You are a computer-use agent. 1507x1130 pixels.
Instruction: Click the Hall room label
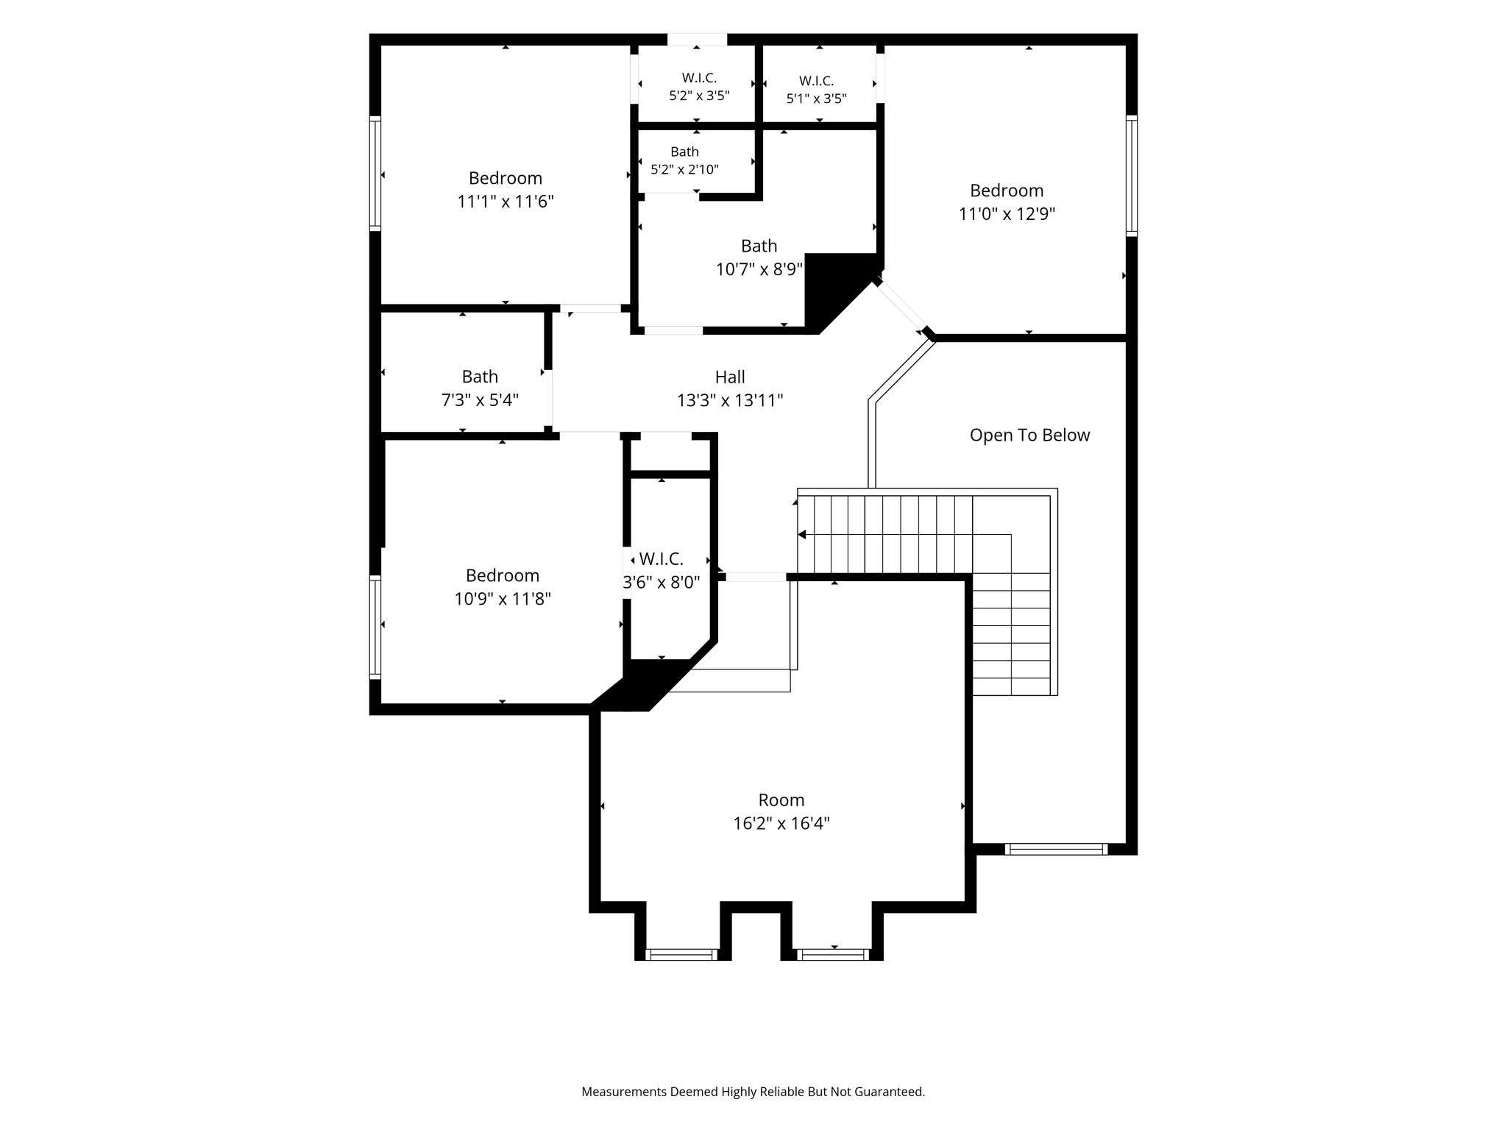click(x=730, y=377)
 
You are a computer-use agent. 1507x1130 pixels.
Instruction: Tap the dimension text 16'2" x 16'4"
click(x=781, y=823)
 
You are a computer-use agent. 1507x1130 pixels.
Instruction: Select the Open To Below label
click(x=1029, y=436)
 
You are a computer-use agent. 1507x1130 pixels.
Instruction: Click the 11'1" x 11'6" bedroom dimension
click(x=506, y=202)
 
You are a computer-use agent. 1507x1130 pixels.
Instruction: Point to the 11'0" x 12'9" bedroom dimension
click(x=1007, y=214)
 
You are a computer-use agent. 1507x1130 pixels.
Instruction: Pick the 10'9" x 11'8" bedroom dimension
click(x=503, y=599)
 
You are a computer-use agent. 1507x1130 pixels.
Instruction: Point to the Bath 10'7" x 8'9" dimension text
click(x=759, y=269)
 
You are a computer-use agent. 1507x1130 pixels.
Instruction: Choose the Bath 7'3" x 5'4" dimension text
click(x=480, y=400)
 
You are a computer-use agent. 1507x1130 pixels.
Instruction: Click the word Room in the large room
click(x=781, y=800)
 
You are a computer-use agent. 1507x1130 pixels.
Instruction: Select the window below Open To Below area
click(x=1056, y=849)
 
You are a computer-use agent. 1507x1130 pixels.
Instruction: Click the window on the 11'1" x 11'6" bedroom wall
click(x=375, y=173)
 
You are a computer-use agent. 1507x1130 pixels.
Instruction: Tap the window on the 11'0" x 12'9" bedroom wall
click(x=1132, y=176)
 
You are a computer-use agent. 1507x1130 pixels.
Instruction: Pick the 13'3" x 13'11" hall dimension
click(x=730, y=401)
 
